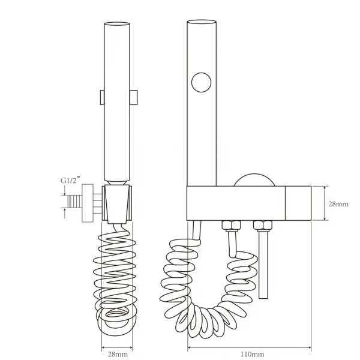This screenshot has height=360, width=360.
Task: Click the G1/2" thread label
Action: pyautogui.click(x=70, y=180)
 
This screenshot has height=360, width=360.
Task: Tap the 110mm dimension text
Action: pyautogui.click(x=253, y=355)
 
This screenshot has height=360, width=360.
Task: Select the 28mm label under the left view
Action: pyautogui.click(x=118, y=354)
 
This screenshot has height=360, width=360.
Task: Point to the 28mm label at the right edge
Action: pyautogui.click(x=338, y=204)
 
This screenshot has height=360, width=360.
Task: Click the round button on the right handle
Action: pyautogui.click(x=202, y=82)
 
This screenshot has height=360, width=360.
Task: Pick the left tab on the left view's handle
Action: pyautogui.click(x=102, y=97)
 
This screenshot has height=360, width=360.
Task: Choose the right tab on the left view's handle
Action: pyautogui.click(x=134, y=97)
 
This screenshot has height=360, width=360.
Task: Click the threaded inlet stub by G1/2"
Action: pyautogui.click(x=74, y=202)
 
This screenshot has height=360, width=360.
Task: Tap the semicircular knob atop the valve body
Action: pyautogui.click(x=254, y=180)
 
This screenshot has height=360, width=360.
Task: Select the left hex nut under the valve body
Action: pyautogui.click(x=231, y=225)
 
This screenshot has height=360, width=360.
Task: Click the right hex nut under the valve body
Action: pyautogui.click(x=263, y=225)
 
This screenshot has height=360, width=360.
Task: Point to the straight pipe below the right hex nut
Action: pyautogui.click(x=263, y=265)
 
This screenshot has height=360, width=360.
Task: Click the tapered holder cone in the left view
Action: pyautogui.click(x=117, y=204)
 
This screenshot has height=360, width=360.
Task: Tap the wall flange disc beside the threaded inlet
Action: pyautogui.click(x=88, y=203)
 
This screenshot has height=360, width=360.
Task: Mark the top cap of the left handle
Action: pyautogui.click(x=117, y=23)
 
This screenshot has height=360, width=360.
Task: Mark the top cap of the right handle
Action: pyautogui.click(x=202, y=22)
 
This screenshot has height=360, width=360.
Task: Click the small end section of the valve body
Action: pyautogui.click(x=298, y=203)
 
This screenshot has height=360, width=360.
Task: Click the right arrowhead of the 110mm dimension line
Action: pyautogui.click(x=309, y=347)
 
